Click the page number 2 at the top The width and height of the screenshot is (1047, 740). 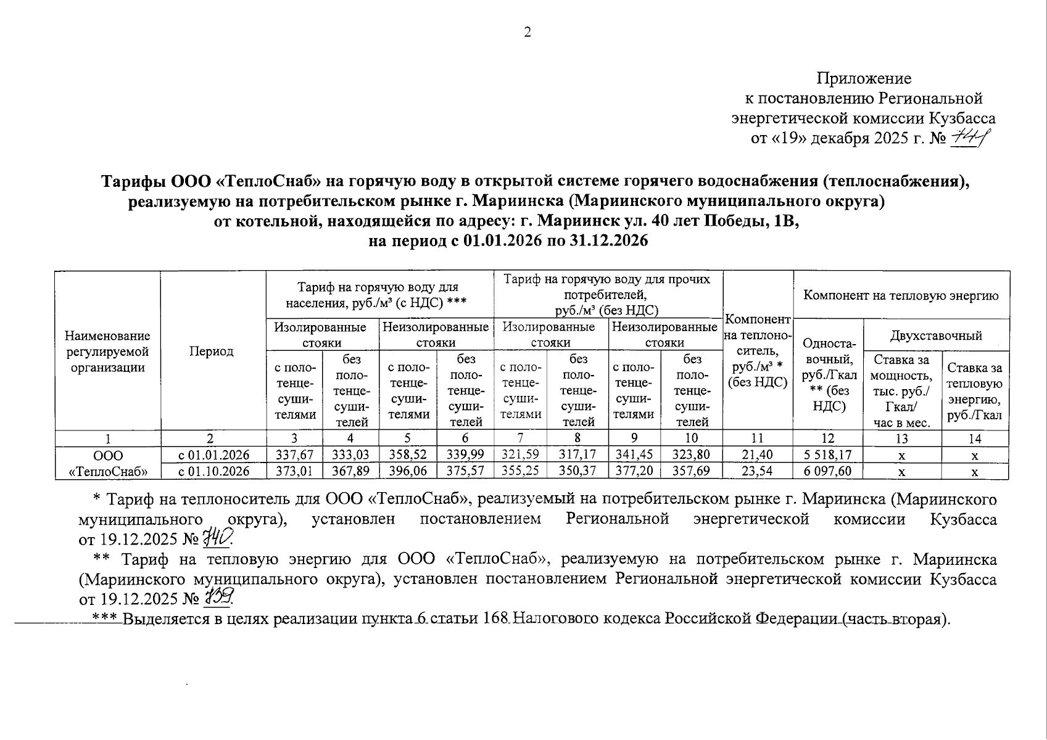click(x=528, y=33)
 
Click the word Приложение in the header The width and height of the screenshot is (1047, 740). click(x=864, y=78)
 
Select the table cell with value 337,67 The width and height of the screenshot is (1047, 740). click(x=294, y=455)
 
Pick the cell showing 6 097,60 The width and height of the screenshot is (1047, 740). click(x=827, y=472)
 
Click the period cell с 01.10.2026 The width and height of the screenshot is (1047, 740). click(x=213, y=472)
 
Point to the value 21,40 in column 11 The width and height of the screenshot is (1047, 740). click(x=757, y=455)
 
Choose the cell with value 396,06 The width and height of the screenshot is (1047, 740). click(x=408, y=472)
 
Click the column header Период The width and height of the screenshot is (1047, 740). click(x=211, y=351)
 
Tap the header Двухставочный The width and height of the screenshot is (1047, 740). click(x=936, y=335)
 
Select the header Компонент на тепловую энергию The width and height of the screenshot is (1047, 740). click(x=901, y=295)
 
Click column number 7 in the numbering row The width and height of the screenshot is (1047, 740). click(x=521, y=438)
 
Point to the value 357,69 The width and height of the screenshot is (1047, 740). click(x=692, y=472)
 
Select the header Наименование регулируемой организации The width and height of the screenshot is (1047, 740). click(x=107, y=351)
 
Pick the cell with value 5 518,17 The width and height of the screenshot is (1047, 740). click(x=827, y=455)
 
